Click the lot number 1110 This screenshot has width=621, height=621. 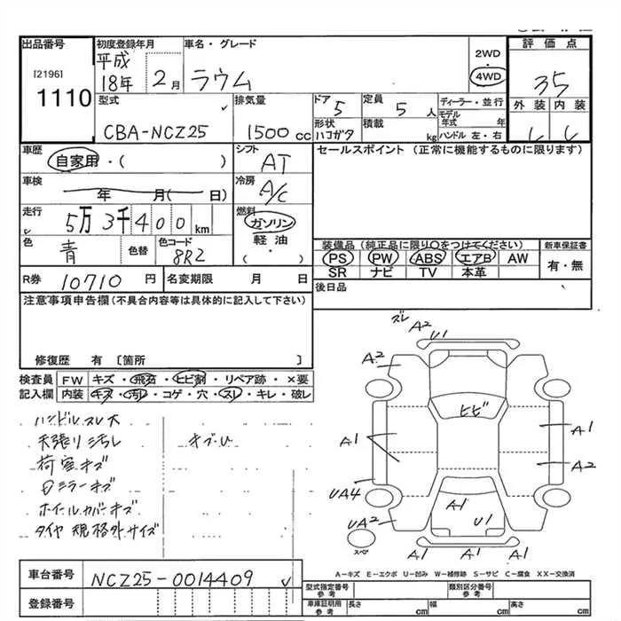click(x=55, y=98)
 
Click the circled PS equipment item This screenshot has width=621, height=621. click(x=339, y=257)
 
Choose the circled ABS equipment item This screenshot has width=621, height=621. click(x=428, y=257)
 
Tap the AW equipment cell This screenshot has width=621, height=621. click(x=518, y=257)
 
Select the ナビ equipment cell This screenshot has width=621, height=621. click(x=383, y=272)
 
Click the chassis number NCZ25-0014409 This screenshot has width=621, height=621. click(x=177, y=578)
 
